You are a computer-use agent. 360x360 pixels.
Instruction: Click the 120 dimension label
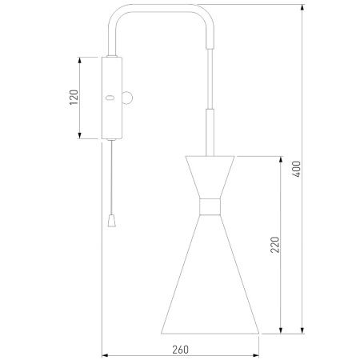click(x=74, y=98)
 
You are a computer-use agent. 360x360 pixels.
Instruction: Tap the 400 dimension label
click(x=296, y=169)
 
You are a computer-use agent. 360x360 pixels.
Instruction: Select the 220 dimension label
click(x=274, y=245)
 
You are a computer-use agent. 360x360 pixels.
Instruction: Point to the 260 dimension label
click(x=180, y=350)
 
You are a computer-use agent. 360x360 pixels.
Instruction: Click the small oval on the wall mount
click(x=110, y=98)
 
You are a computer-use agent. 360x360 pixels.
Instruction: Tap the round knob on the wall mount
click(x=127, y=98)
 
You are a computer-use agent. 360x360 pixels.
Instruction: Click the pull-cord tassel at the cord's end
click(x=112, y=221)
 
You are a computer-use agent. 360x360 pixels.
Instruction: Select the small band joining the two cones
click(x=210, y=206)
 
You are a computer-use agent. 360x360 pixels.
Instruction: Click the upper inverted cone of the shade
click(x=210, y=177)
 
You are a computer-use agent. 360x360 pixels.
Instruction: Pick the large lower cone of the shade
click(x=210, y=274)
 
